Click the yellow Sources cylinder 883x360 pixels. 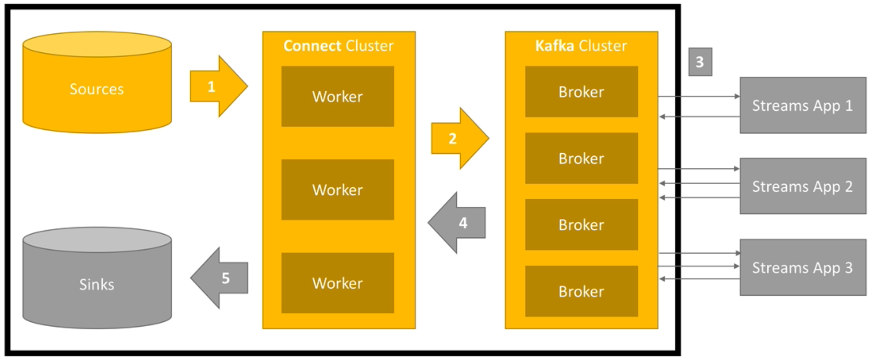click(x=97, y=89)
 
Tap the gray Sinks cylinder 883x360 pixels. click(x=97, y=284)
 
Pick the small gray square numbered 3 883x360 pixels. click(x=700, y=62)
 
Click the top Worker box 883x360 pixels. click(x=337, y=96)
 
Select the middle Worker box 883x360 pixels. click(x=337, y=190)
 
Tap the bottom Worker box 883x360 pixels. click(x=337, y=283)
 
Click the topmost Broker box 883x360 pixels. click(x=581, y=92)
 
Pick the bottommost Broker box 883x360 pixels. click(x=581, y=291)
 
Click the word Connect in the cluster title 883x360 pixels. click(x=312, y=46)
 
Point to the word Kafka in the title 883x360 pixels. click(x=554, y=46)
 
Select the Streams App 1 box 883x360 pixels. click(x=803, y=105)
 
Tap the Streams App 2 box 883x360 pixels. click(x=803, y=186)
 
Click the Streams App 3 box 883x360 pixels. click(x=803, y=268)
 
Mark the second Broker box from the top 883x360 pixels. click(x=581, y=159)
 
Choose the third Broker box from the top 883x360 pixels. click(x=581, y=225)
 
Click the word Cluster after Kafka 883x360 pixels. click(x=603, y=46)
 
